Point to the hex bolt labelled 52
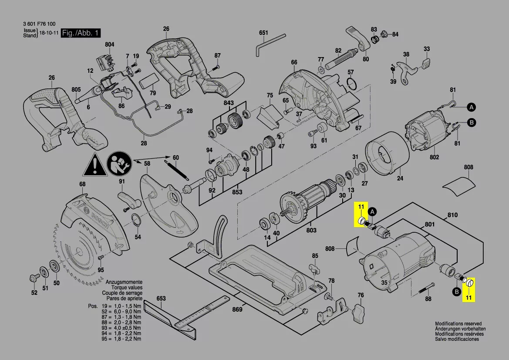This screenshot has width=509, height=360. click(x=34, y=278)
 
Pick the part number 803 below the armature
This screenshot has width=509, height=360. click(x=311, y=231)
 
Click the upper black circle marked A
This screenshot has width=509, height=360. click(x=472, y=107)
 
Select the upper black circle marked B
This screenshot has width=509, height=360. click(x=472, y=123)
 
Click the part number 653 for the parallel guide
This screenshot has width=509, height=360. click(x=161, y=299)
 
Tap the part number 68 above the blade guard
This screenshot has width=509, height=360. click(x=82, y=184)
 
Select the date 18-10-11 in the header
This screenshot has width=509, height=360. click(x=49, y=33)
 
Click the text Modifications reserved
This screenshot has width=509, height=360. click(x=458, y=323)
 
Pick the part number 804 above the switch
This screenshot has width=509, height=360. click(x=109, y=45)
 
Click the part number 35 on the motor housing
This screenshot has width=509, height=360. click(x=384, y=283)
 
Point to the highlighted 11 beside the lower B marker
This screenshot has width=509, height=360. click(x=469, y=298)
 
